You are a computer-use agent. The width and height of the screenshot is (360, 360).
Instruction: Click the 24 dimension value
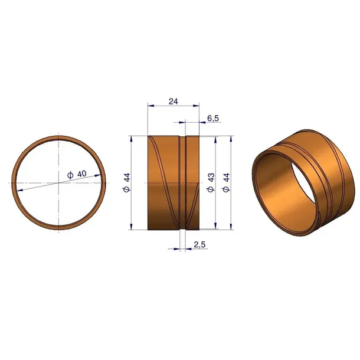[174, 102]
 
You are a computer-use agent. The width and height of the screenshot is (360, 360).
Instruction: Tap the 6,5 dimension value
[213, 118]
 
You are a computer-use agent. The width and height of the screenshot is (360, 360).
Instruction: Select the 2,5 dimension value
[199, 245]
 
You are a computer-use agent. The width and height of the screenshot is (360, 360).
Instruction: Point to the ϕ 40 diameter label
[77, 175]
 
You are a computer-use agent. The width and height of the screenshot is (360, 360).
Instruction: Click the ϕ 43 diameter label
[211, 182]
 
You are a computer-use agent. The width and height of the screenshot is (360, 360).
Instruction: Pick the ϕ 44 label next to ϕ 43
[226, 182]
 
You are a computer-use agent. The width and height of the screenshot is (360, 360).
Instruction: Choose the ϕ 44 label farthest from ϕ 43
[126, 182]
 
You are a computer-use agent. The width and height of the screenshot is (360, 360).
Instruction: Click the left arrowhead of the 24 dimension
[151, 106]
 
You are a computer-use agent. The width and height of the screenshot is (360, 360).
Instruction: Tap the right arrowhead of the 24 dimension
[196, 106]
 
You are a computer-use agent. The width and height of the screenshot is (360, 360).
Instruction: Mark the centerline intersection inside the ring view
[59, 183]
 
